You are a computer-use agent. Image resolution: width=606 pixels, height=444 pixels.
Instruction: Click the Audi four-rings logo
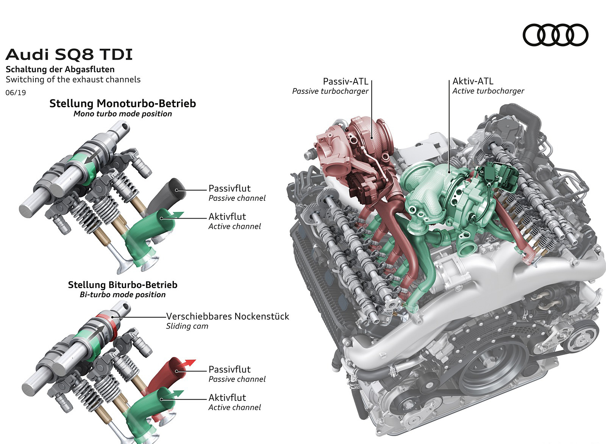tap(555, 35)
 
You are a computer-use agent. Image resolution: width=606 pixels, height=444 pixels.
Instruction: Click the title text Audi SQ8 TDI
tap(69, 55)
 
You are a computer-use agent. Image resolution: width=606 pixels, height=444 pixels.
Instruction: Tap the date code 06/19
tap(16, 93)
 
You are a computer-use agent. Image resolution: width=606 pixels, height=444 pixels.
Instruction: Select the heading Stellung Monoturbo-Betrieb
tap(122, 103)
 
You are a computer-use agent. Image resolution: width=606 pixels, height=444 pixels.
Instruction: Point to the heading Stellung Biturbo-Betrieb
tap(122, 285)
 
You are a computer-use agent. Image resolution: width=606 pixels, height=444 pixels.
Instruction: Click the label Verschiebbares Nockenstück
tap(227, 316)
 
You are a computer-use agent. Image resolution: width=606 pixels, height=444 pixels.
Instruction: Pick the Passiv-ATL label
tap(345, 81)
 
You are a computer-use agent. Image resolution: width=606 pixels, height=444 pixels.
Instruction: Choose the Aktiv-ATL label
tap(473, 81)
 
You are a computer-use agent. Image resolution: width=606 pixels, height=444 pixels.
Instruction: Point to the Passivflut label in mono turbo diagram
tap(229, 188)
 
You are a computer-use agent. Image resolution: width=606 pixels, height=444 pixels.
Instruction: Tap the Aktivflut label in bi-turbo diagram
tap(227, 397)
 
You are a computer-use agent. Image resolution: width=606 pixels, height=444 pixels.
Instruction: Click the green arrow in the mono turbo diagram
tap(177, 215)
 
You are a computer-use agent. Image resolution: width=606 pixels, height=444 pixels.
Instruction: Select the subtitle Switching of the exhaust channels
tap(73, 79)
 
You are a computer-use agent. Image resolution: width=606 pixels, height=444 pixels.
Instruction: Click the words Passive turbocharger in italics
tap(330, 91)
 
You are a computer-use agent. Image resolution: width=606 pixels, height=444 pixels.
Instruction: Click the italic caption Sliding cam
tap(187, 326)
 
